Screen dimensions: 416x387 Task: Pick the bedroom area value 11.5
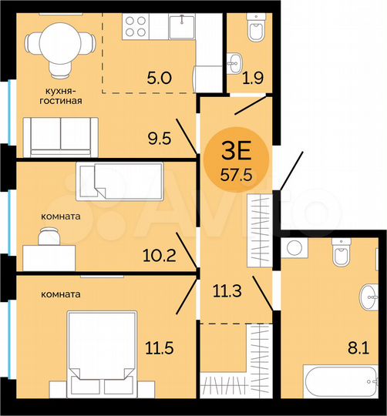(x=159, y=348)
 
